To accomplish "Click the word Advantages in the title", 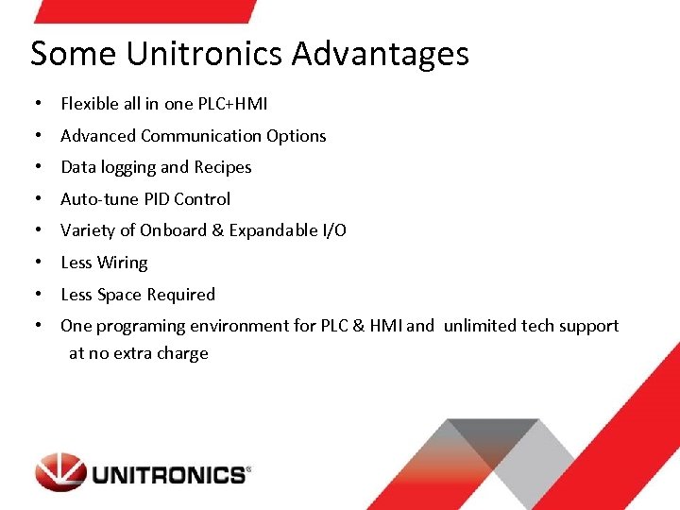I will (380, 54).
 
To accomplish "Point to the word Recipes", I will (223, 167).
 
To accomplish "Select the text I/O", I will (334, 230).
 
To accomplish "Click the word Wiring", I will (123, 263).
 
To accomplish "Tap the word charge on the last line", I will (184, 354).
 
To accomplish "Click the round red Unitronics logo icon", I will (60, 472).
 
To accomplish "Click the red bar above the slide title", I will (142, 10).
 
